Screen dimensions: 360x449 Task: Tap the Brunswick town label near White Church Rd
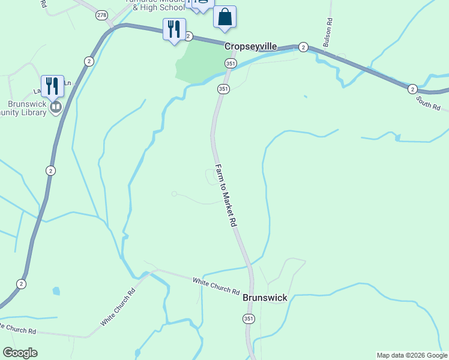click(265, 298)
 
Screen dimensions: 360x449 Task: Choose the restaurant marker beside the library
click(52, 86)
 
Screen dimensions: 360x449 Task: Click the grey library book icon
click(56, 107)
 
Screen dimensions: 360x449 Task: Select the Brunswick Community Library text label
click(24, 108)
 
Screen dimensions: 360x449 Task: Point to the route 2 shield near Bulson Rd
click(303, 47)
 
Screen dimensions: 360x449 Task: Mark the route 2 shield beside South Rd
click(412, 89)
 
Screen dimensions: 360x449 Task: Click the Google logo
click(20, 353)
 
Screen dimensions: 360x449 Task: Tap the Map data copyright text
click(411, 355)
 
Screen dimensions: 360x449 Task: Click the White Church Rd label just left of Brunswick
click(216, 286)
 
